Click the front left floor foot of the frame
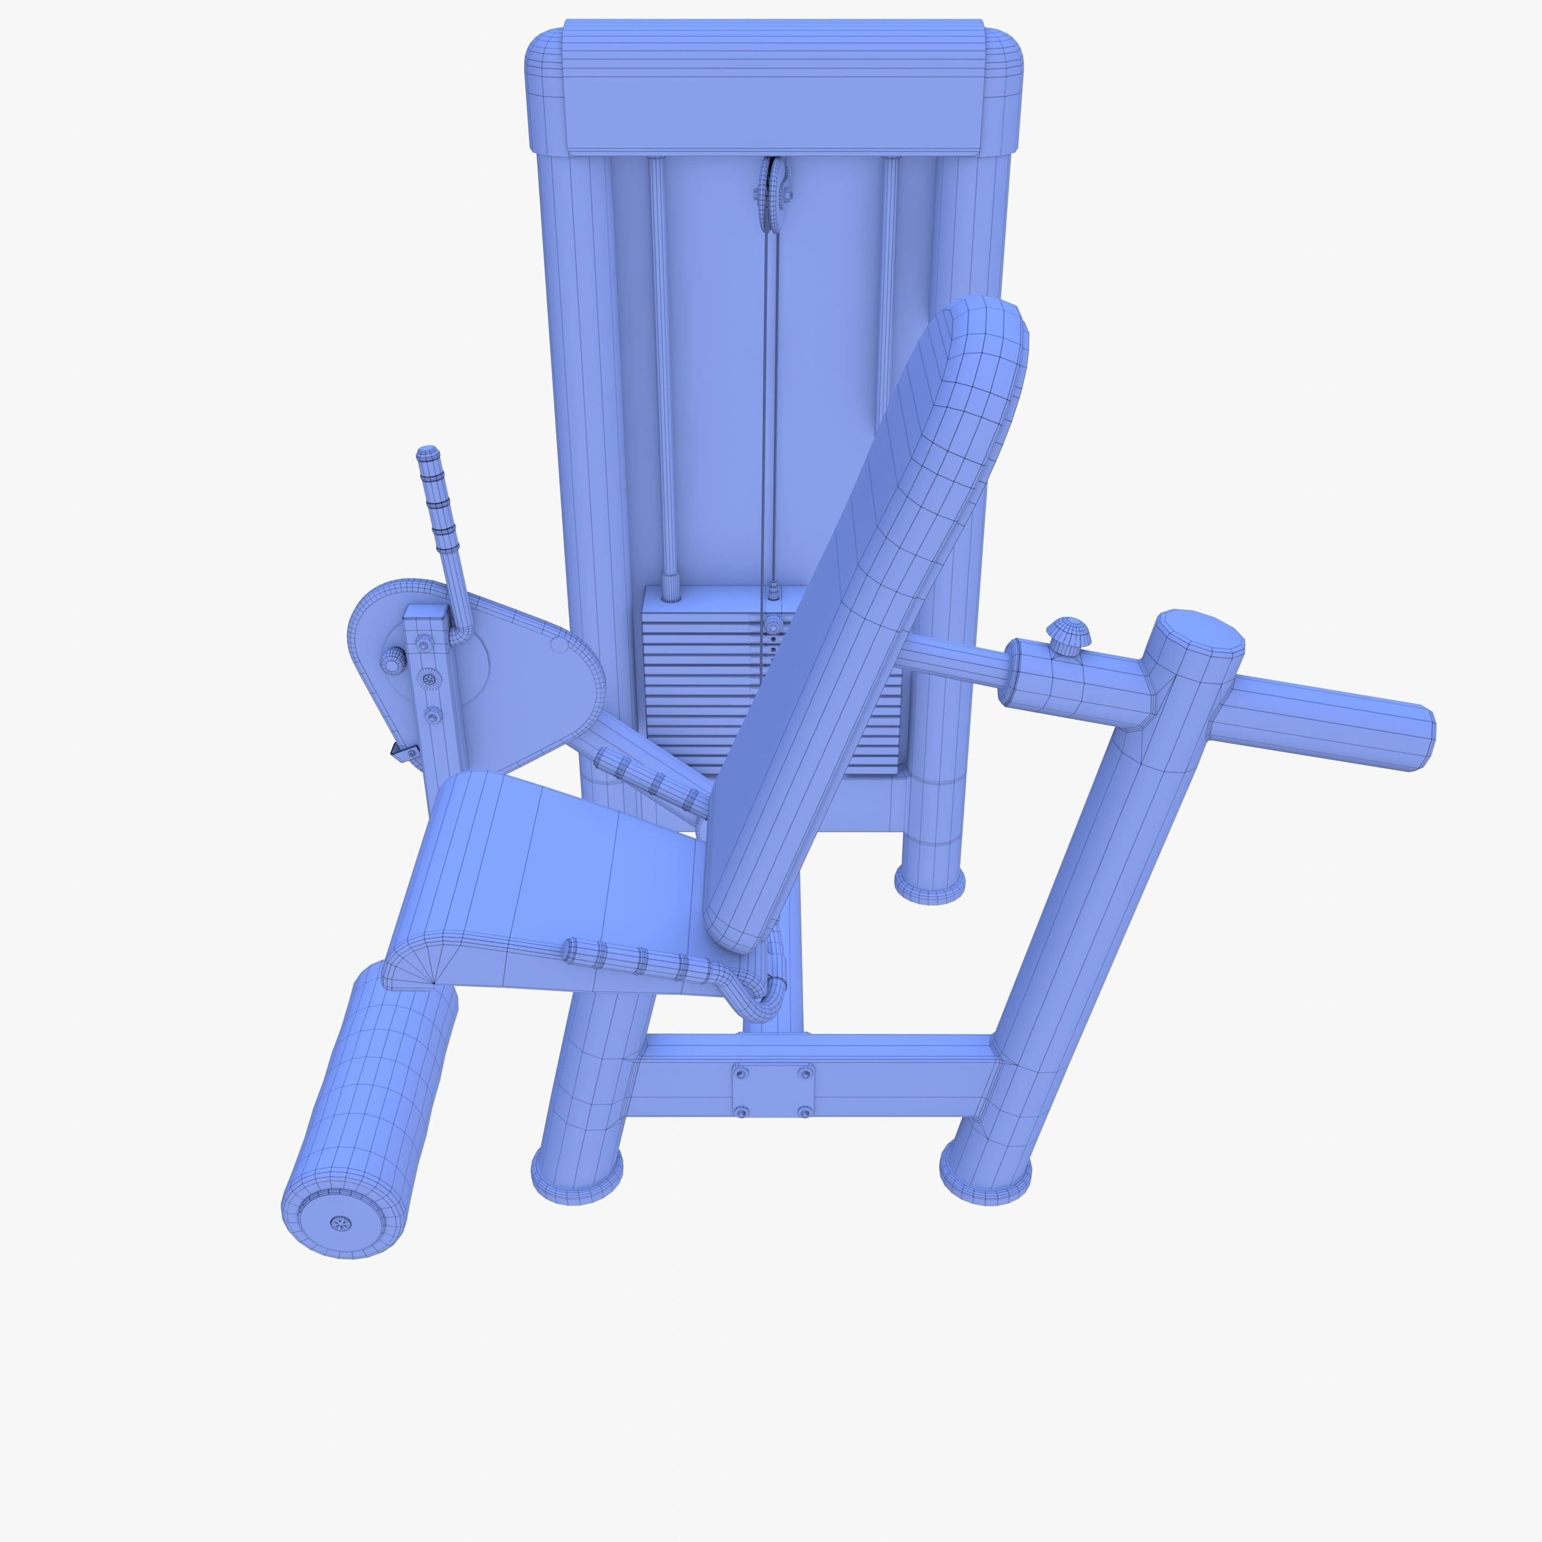click(576, 1177)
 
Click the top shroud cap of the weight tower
click(773, 88)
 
